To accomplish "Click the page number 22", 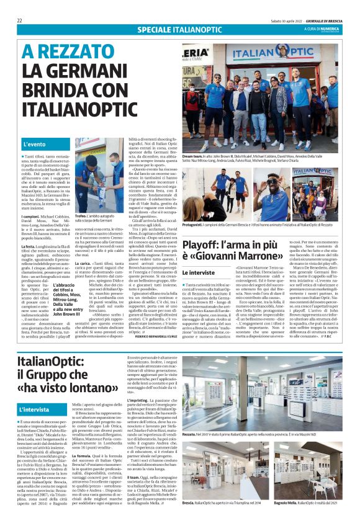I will coord(20,20).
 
